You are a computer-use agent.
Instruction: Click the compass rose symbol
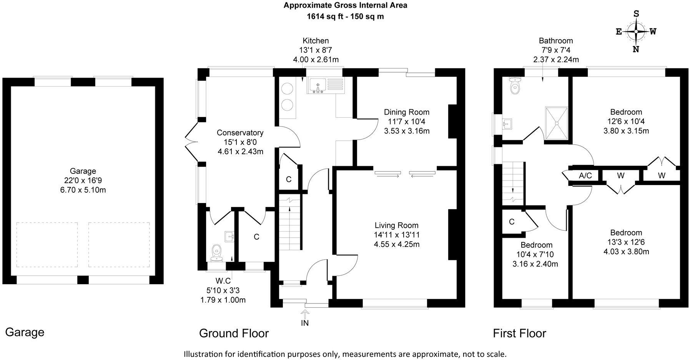tap(636, 32)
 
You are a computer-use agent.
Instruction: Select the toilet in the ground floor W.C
tap(217, 252)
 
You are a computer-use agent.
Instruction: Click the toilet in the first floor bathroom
tap(514, 86)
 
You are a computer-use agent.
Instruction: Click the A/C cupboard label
tap(585, 176)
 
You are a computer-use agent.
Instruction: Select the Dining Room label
tap(406, 112)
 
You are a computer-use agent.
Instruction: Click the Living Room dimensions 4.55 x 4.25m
tap(396, 244)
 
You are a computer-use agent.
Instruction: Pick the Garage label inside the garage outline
tap(83, 171)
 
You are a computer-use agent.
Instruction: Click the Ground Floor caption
tap(234, 333)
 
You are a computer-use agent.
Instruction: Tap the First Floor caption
tap(519, 333)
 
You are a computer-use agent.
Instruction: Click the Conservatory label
tap(240, 133)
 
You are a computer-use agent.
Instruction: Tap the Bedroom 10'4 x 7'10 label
tap(536, 245)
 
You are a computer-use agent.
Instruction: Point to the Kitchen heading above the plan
tap(316, 41)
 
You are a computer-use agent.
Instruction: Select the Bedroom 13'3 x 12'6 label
tap(626, 233)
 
